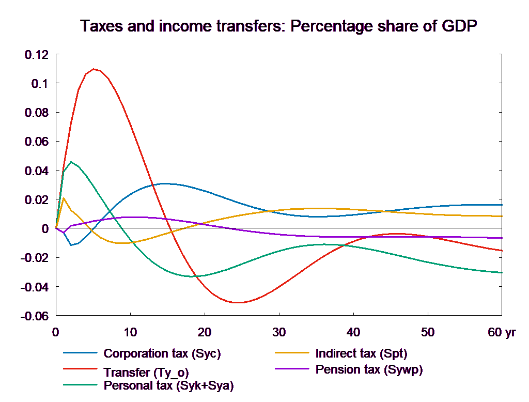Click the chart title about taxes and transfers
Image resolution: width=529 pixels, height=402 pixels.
point(278,26)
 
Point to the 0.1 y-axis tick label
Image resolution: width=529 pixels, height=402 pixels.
point(39,84)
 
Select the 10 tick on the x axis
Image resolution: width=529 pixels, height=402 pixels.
point(130,332)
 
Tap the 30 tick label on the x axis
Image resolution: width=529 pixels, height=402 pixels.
point(279,332)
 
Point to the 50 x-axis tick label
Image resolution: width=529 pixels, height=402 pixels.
point(428,332)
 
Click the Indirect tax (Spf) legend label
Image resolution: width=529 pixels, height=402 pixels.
point(361,354)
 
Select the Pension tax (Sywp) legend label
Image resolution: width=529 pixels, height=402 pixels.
point(369,369)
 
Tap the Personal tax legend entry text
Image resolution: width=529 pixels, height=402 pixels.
point(168,385)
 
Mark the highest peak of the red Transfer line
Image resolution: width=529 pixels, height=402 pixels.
point(94,69)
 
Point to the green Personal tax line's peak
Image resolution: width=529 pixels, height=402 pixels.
point(71,162)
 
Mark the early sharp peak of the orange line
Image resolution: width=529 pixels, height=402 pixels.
point(64,198)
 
